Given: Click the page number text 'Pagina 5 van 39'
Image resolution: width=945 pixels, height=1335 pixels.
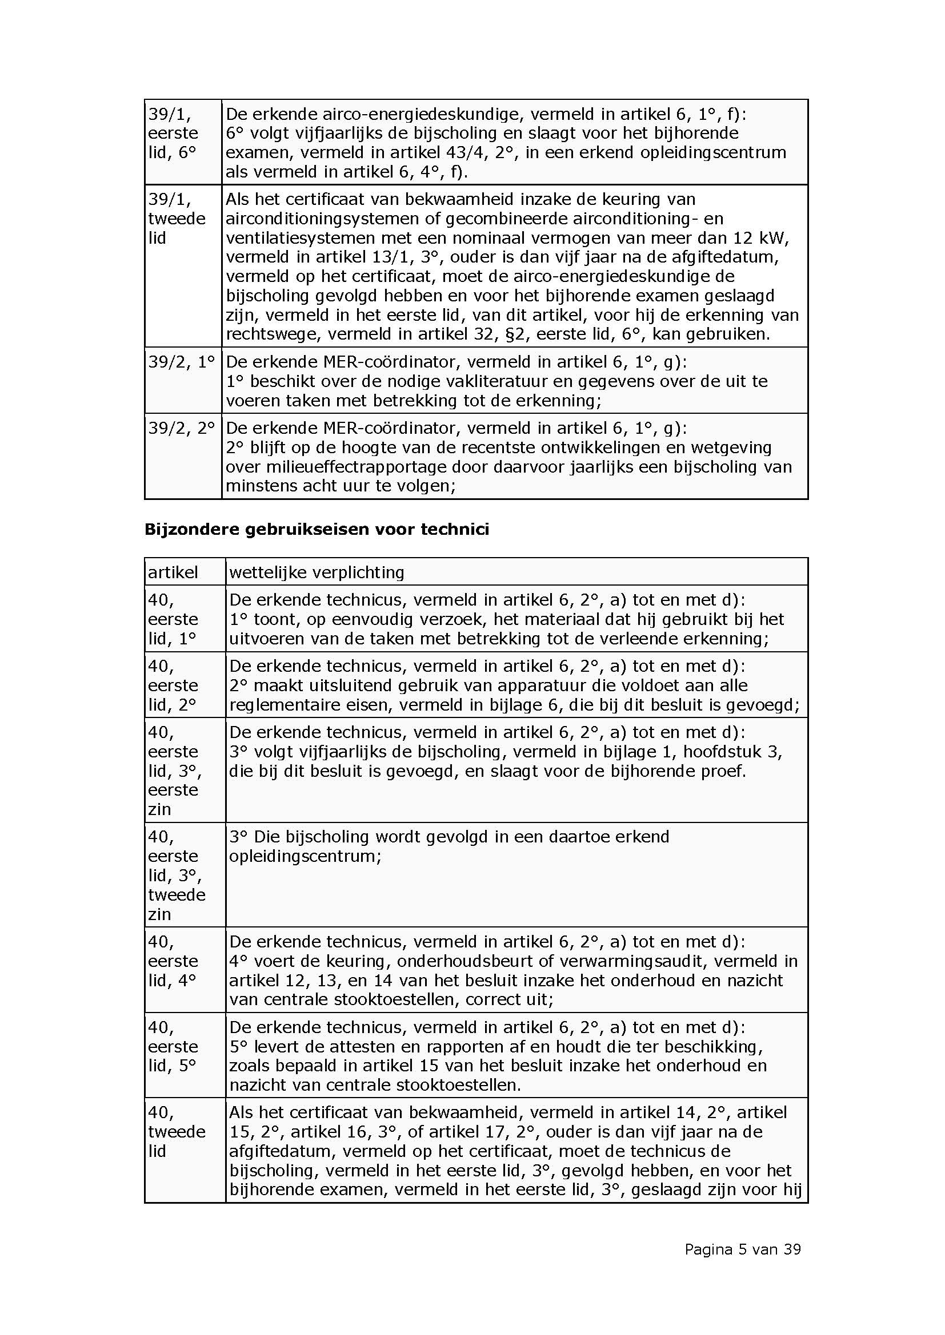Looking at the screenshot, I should click(743, 1249).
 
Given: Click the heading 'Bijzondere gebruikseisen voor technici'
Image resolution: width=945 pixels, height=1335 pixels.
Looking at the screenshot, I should click(317, 529).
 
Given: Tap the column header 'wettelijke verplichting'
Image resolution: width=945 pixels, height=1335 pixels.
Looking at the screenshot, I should click(317, 572).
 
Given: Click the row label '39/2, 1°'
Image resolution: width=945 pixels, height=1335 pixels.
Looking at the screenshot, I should click(182, 362).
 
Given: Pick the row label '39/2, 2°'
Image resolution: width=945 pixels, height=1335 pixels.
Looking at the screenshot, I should click(182, 428).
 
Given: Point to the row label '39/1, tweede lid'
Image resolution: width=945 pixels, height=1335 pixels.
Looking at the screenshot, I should click(177, 219).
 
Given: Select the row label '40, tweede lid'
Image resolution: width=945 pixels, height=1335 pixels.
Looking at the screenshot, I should click(177, 1131).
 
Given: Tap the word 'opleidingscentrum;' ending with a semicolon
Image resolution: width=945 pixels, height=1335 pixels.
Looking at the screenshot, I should click(305, 856).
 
